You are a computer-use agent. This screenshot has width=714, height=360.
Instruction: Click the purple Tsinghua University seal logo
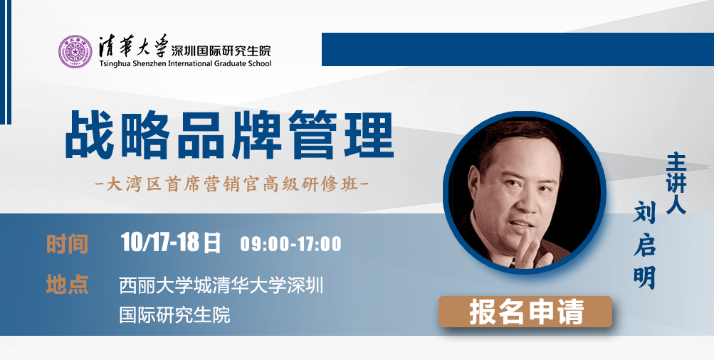[75, 51]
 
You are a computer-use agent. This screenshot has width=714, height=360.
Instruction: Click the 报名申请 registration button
[525, 312]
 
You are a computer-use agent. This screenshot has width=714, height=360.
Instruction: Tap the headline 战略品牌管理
[229, 135]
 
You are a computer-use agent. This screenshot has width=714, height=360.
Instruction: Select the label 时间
[67, 244]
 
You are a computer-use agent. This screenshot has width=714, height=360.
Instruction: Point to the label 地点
[67, 284]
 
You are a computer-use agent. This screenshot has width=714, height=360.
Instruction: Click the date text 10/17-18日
[171, 243]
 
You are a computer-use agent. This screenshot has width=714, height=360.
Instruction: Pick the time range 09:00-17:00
[291, 244]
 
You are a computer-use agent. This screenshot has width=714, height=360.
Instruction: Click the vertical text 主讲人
[676, 184]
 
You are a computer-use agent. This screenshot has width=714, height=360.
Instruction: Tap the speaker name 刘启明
[644, 246]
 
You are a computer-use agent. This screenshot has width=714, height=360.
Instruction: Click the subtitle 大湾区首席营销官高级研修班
[232, 185]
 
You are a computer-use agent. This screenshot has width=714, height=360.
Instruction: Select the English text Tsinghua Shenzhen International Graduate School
[185, 63]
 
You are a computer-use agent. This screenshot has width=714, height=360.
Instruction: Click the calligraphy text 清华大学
[133, 46]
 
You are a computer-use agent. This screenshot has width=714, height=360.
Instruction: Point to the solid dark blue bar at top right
[518, 49]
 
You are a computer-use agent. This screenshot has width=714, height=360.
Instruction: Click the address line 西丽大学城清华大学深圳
[221, 285]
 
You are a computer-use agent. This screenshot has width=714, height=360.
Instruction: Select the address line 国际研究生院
[175, 314]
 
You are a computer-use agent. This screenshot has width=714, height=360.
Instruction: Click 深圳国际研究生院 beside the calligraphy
[221, 50]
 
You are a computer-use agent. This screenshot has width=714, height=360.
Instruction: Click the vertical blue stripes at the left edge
[5, 62]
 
